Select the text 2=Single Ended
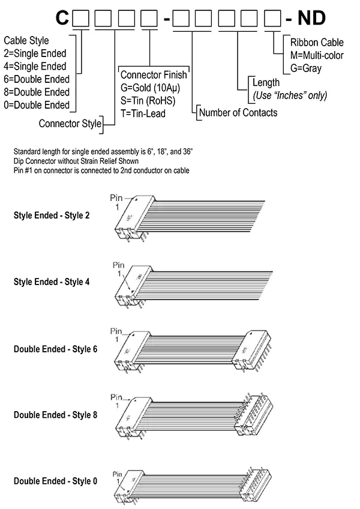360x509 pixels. (x=35, y=53)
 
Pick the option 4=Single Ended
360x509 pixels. (x=35, y=66)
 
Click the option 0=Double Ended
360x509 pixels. (x=37, y=105)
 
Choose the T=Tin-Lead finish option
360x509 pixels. (x=143, y=113)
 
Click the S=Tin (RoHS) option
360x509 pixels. (x=148, y=100)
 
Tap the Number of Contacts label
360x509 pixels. (x=238, y=112)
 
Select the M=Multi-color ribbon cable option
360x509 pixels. (x=316, y=55)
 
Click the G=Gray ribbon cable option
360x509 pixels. (x=306, y=68)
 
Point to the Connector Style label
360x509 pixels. (x=69, y=124)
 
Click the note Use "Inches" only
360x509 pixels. (x=290, y=95)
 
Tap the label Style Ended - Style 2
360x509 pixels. (x=52, y=214)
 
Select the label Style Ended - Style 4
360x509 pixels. (x=52, y=281)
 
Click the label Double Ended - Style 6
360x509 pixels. (x=55, y=348)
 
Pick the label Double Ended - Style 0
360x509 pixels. (x=55, y=481)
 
